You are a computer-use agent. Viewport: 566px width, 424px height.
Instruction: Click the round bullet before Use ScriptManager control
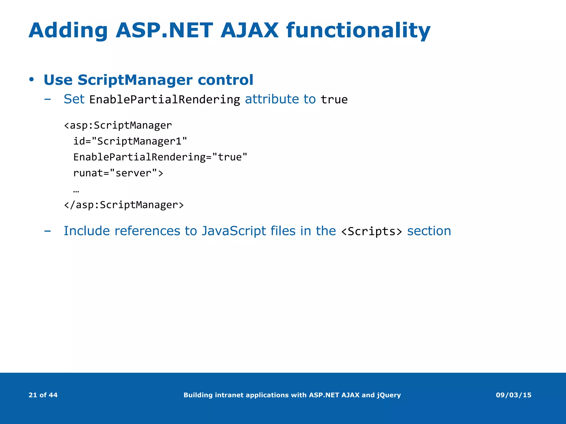tap(32, 80)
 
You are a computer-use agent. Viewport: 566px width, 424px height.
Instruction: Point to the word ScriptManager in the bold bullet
tap(135, 80)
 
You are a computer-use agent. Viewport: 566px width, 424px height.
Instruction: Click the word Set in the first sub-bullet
tap(74, 99)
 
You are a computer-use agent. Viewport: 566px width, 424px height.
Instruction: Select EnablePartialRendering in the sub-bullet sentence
tap(165, 100)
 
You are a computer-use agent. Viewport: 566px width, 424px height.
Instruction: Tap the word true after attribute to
tap(334, 100)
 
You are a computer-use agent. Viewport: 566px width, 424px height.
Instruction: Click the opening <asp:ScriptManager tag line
tap(118, 125)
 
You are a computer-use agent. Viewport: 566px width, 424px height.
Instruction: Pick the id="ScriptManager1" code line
tap(130, 141)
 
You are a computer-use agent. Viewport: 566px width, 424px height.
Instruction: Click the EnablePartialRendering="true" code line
tap(160, 157)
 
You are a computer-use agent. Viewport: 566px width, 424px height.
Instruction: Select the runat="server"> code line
tap(118, 173)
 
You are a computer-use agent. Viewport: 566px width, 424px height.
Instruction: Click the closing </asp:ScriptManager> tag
tap(124, 205)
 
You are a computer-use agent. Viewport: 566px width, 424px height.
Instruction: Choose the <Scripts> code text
tap(371, 231)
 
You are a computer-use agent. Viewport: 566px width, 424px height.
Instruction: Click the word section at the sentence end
tap(429, 231)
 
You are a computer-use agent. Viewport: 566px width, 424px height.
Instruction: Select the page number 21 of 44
tap(43, 395)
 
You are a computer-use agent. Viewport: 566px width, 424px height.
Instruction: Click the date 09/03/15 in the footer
tap(513, 395)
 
